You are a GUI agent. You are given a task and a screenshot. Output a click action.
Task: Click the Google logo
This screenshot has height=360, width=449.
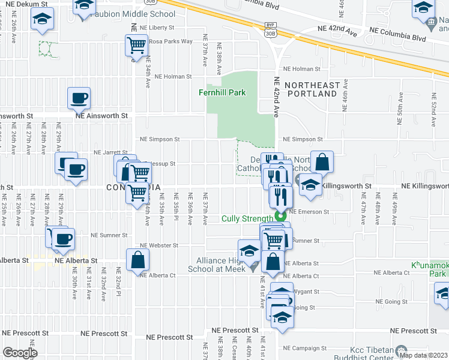click(x=20, y=353)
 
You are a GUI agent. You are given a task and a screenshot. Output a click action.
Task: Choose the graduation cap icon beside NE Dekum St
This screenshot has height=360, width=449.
click(x=43, y=20)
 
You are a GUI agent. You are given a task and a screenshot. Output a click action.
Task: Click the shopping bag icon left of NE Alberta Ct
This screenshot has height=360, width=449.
click(x=137, y=259)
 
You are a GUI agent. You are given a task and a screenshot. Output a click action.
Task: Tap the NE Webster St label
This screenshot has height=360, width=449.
click(x=159, y=245)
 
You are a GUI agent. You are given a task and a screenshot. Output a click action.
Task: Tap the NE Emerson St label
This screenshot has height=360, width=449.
click(x=309, y=212)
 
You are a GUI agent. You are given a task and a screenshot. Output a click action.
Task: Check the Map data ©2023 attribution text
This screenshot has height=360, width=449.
click(x=424, y=355)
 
